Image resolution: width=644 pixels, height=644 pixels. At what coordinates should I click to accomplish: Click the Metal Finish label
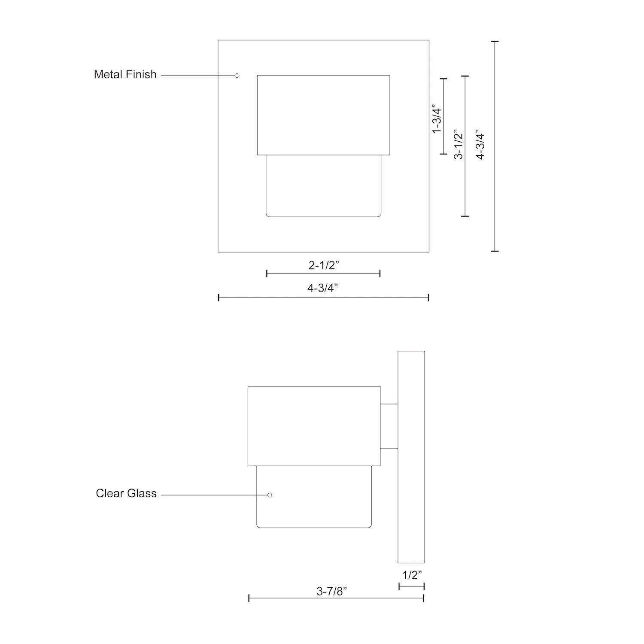tap(125, 75)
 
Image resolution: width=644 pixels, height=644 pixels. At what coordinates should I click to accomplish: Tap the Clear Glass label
tap(126, 494)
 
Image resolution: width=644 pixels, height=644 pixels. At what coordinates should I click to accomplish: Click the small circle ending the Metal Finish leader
tap(237, 76)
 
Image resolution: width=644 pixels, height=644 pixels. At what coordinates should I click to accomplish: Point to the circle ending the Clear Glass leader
tap(270, 495)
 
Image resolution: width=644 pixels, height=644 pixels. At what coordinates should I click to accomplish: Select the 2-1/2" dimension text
tap(324, 265)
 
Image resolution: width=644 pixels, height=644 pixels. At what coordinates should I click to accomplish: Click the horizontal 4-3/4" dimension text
tap(323, 288)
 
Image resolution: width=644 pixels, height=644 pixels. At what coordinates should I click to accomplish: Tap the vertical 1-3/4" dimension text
tap(437, 119)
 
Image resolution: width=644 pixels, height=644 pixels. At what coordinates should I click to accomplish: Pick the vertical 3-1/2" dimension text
tap(459, 144)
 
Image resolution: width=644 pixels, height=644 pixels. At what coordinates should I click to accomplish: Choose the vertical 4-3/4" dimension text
tap(480, 144)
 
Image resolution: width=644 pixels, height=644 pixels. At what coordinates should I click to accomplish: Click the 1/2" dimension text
tap(412, 575)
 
